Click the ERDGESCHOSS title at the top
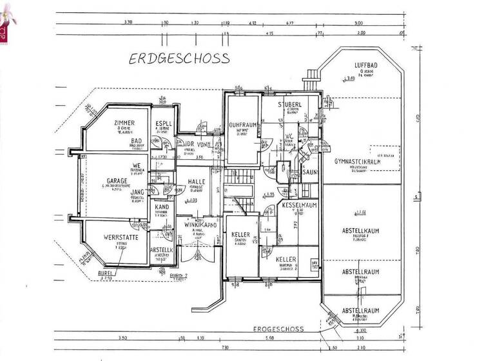point(179,59)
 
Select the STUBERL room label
point(290,104)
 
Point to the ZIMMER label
point(124,122)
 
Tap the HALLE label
point(196,182)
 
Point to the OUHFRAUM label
point(242,126)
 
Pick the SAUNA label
point(311,172)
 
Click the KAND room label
point(161,207)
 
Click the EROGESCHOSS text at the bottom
point(279,329)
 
